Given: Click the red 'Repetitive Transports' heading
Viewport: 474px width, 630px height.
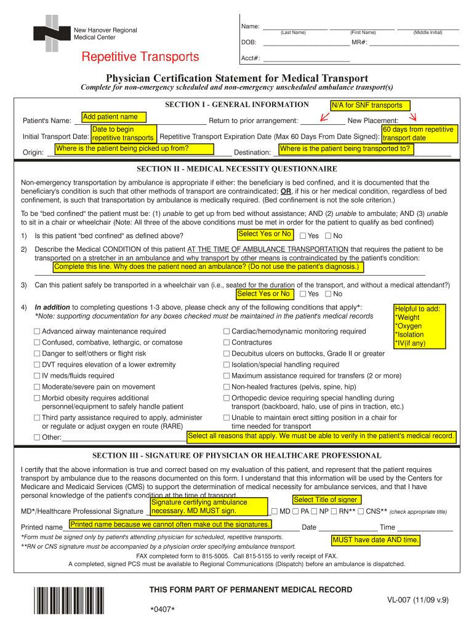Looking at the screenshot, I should coord(141,57).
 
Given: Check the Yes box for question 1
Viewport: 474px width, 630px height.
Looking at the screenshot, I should coord(302,236).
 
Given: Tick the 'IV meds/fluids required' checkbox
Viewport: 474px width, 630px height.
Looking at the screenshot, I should coord(37,376).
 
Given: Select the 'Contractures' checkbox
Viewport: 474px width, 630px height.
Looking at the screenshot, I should coord(227,343).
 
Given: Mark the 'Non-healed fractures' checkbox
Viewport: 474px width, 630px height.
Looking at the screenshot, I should coord(227,387).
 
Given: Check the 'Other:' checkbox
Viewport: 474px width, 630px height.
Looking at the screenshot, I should coord(37,438).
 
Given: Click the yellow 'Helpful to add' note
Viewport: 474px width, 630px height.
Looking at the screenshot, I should coord(418,326).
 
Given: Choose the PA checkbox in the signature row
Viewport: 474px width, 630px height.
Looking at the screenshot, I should coord(296,511).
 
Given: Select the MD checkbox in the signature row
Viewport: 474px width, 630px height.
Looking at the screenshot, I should coord(275,511).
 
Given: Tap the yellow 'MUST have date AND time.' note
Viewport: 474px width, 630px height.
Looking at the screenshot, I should coord(376,540).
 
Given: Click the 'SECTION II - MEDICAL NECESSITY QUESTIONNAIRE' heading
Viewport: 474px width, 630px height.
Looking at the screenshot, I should coord(236,169).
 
